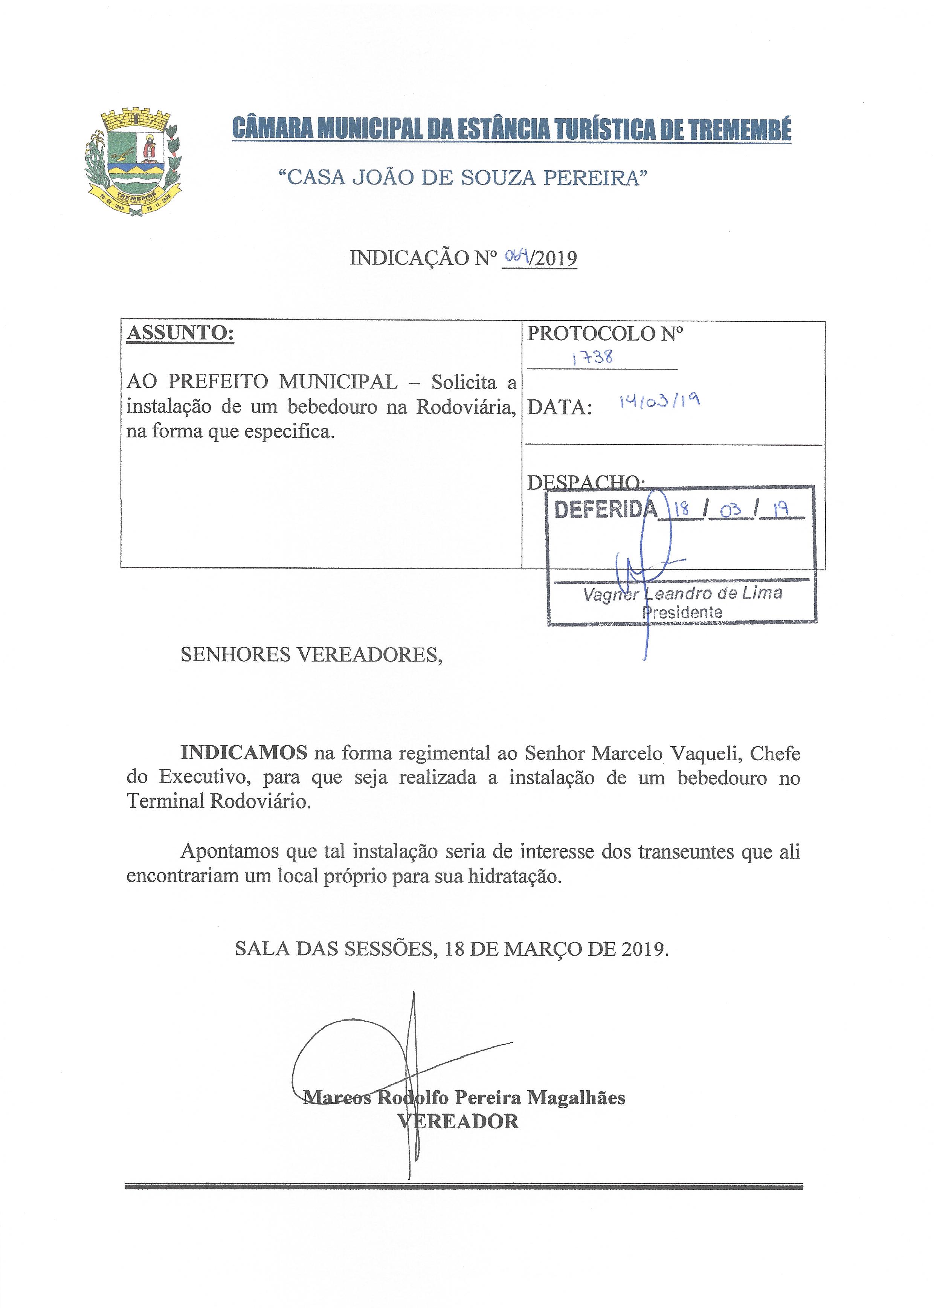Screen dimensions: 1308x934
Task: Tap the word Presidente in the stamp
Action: click(682, 612)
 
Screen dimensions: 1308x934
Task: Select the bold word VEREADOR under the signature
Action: click(458, 1121)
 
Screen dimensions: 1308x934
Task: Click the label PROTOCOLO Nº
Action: click(605, 334)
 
